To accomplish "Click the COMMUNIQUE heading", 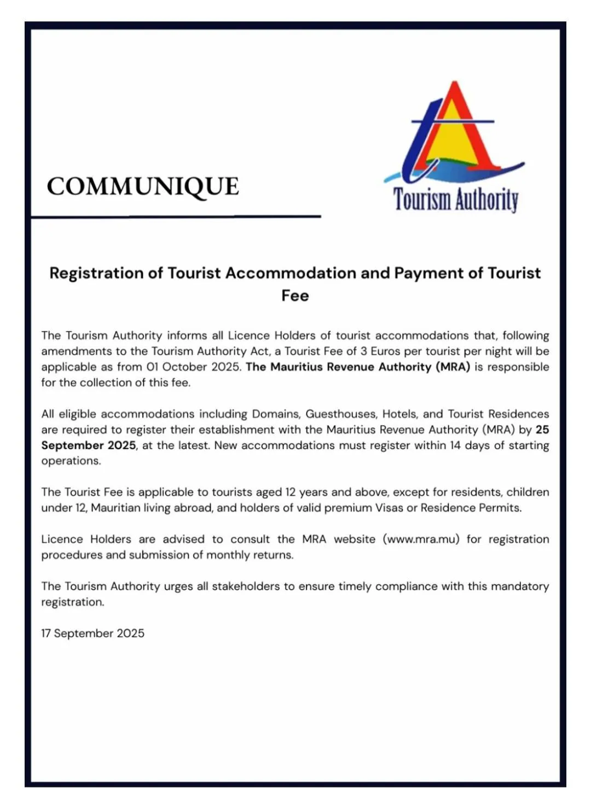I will click(143, 187).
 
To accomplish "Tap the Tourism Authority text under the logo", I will click(455, 199).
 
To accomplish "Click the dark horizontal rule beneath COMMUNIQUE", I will click(176, 217).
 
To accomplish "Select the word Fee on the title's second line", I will click(295, 296).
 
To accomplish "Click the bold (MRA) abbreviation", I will click(453, 367).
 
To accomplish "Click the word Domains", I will click(276, 414).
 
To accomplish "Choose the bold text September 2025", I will click(89, 445).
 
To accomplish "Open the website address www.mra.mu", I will click(421, 539).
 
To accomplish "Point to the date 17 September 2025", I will click(93, 634).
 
